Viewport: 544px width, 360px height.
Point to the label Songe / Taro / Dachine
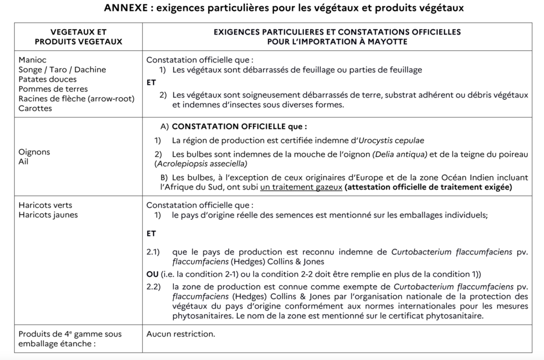62,70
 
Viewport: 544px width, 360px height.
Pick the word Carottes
35,108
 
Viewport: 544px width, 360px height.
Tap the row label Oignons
34,152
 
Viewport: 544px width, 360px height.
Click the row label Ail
23,161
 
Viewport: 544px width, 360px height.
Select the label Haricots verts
45,205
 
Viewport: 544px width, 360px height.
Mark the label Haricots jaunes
48,215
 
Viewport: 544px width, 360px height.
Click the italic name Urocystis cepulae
392,140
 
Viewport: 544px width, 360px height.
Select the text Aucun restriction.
181,334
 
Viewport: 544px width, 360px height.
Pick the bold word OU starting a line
152,274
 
